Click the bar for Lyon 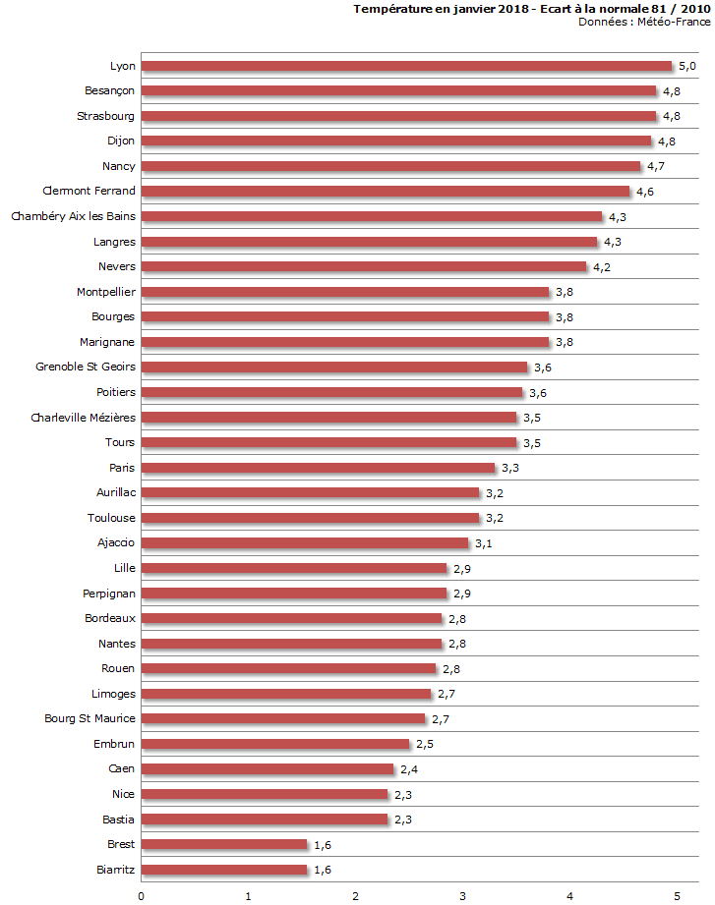point(407,66)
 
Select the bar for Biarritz point(224,870)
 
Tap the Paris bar point(319,468)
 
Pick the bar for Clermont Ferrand point(386,192)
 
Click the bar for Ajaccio point(305,543)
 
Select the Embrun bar point(275,744)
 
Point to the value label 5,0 point(688,66)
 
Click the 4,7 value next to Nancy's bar point(656,166)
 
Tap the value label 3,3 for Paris point(510,468)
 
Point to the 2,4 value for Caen point(409,768)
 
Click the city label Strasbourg point(106,116)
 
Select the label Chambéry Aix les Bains point(74,216)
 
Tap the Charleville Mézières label point(84,417)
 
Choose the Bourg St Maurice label point(90,718)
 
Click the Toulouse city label point(111,518)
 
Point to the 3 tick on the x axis point(463,895)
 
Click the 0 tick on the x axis point(142,895)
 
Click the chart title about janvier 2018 point(531,8)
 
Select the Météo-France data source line point(644,21)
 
